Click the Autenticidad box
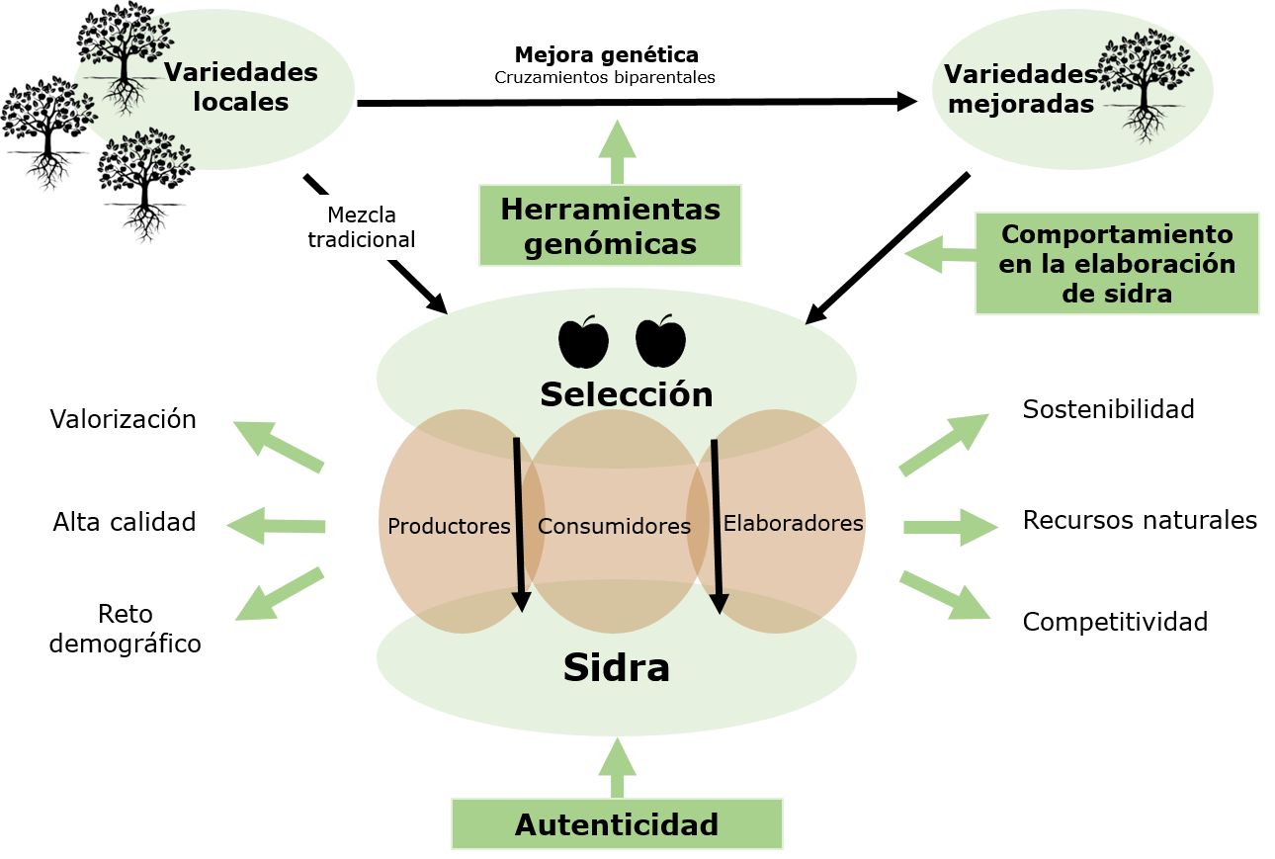[x=617, y=824]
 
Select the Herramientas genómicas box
[x=610, y=225]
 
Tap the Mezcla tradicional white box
[x=361, y=227]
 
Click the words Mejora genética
[x=606, y=54]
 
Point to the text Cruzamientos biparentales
[x=605, y=77]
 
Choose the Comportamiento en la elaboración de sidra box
[x=1117, y=263]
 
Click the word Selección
[x=626, y=394]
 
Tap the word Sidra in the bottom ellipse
[x=617, y=668]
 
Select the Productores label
[x=449, y=526]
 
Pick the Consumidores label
[x=614, y=526]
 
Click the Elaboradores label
[x=793, y=523]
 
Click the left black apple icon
[x=583, y=341]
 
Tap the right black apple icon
[x=660, y=341]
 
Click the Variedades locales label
[x=241, y=87]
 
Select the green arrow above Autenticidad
[x=618, y=768]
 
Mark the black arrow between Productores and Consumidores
[x=519, y=524]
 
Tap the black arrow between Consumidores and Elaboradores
[x=717, y=524]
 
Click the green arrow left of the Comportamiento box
[x=937, y=255]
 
